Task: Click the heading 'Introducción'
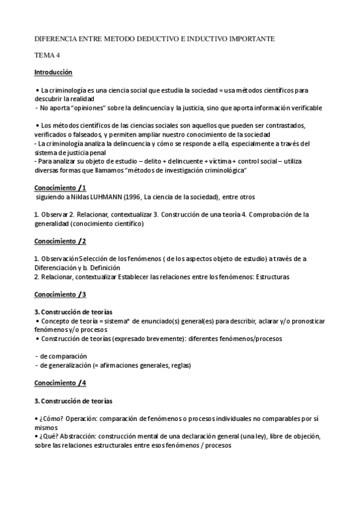[x=53, y=72]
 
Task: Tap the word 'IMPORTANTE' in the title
[x=251, y=38]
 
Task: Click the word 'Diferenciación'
[x=56, y=268]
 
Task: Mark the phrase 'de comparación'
[x=63, y=356]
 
